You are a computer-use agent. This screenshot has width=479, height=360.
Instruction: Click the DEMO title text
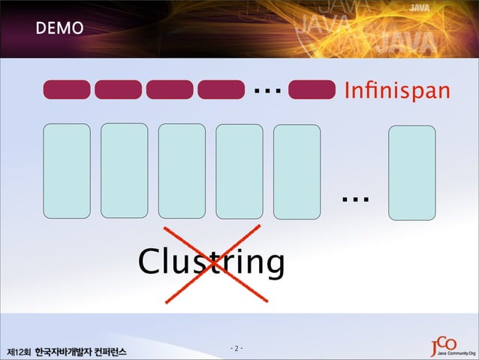pyautogui.click(x=57, y=29)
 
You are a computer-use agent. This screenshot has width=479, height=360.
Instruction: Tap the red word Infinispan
pyautogui.click(x=397, y=92)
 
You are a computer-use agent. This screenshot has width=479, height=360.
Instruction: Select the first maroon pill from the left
pyautogui.click(x=67, y=90)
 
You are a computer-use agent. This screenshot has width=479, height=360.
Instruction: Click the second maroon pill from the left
pyautogui.click(x=118, y=90)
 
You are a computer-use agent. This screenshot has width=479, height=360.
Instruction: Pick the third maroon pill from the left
pyautogui.click(x=170, y=90)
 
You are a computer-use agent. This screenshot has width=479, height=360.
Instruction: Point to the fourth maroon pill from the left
pyautogui.click(x=221, y=90)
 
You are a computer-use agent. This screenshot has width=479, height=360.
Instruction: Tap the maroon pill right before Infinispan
pyautogui.click(x=312, y=90)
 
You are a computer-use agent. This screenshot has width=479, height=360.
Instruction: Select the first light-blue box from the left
pyautogui.click(x=67, y=171)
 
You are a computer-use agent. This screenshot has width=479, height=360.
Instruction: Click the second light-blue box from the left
pyautogui.click(x=124, y=171)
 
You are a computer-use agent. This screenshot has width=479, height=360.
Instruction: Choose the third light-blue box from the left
pyautogui.click(x=182, y=171)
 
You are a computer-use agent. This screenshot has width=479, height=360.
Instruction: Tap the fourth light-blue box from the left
pyautogui.click(x=239, y=171)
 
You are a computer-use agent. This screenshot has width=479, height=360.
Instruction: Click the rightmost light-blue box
pyautogui.click(x=411, y=173)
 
